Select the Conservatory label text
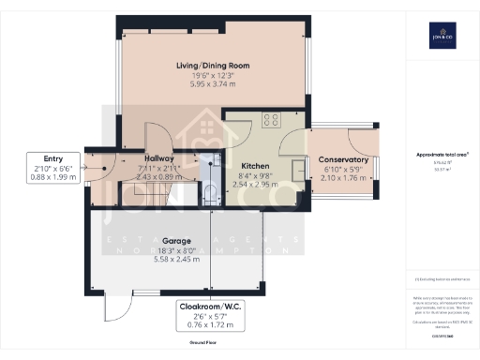[x=342, y=160]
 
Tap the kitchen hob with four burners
[x=273, y=119]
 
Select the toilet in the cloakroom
[x=211, y=194]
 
